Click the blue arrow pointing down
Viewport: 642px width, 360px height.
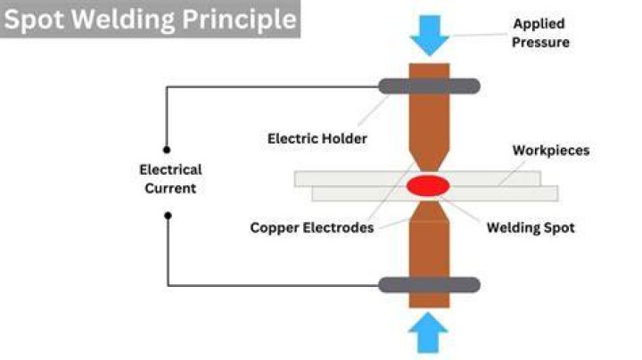[x=430, y=35]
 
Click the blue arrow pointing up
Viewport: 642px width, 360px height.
[x=428, y=332]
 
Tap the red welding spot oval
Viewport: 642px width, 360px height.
[x=428, y=185]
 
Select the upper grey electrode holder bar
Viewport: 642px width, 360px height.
[x=429, y=86]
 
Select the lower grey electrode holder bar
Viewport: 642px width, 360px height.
[x=429, y=285]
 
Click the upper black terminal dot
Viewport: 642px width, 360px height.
[x=167, y=150]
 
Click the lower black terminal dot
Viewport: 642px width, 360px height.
[x=168, y=215]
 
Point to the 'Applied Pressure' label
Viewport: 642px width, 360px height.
[x=540, y=33]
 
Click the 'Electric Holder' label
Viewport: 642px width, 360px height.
[x=317, y=139]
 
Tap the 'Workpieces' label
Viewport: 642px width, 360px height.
[x=551, y=150]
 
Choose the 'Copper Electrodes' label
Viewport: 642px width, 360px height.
[x=312, y=227]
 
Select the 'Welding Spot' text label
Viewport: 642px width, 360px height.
[x=531, y=227]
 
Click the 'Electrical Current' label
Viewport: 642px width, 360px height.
[x=170, y=179]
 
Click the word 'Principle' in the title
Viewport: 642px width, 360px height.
[x=239, y=19]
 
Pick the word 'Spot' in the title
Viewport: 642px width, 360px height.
[x=35, y=20]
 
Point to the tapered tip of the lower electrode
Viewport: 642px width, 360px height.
[x=429, y=210]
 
